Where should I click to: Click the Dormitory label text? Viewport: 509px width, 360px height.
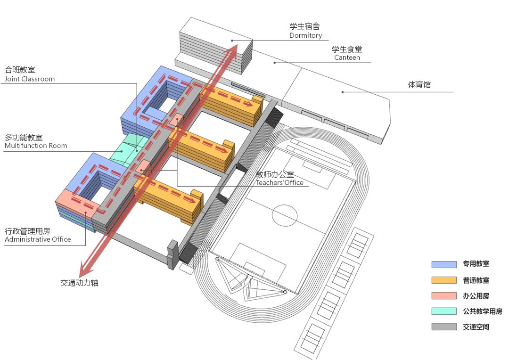(305, 35)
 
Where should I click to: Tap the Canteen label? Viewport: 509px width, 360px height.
(347, 57)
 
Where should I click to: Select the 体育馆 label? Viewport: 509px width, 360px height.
(419, 85)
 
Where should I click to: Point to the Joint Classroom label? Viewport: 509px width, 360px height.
(30, 79)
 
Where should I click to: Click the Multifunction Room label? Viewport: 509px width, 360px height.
(36, 146)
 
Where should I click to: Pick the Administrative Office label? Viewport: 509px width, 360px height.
(38, 239)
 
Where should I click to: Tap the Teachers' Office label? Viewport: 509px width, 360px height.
(279, 182)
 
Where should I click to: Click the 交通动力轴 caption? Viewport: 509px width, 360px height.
(79, 283)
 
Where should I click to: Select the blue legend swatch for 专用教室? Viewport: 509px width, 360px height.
(444, 264)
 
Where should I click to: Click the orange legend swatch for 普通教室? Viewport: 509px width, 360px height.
(444, 280)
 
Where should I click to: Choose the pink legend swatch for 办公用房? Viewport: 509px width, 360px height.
(444, 295)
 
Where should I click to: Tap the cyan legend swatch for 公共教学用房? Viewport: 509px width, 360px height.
(444, 311)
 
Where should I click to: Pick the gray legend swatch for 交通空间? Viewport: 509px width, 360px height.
(444, 327)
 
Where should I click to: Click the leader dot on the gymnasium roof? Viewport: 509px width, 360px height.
(343, 92)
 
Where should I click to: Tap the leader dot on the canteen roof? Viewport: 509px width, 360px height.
(275, 63)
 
